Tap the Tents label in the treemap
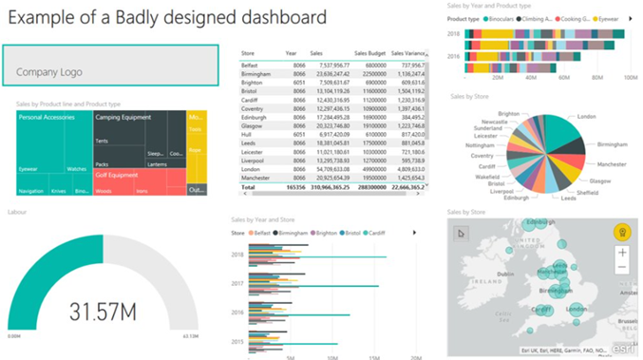[x=102, y=141]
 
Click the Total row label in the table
[x=249, y=189]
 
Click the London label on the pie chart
[x=586, y=116]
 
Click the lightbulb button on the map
[x=623, y=232]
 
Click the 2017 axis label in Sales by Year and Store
[x=238, y=282]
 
